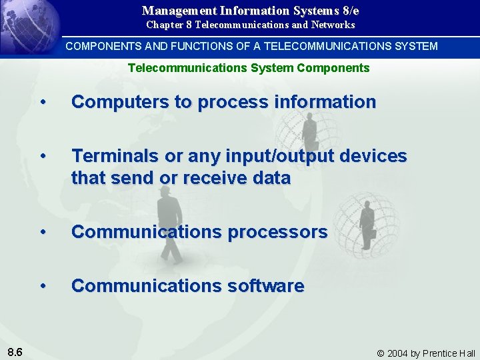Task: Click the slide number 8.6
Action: pyautogui.click(x=14, y=352)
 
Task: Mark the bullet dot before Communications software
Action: pyautogui.click(x=43, y=286)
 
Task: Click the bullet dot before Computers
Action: pyautogui.click(x=43, y=102)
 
